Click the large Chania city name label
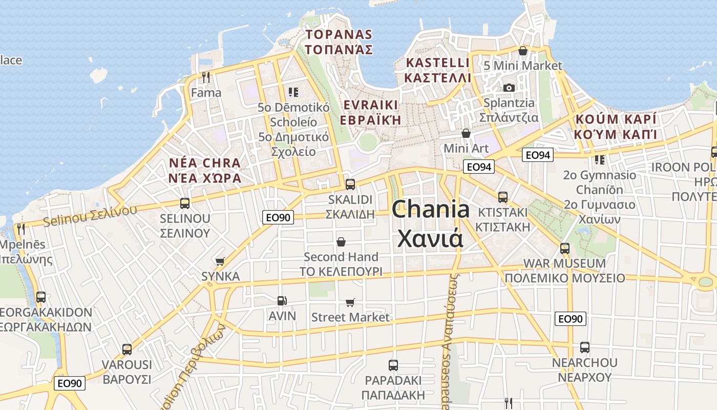click(430, 223)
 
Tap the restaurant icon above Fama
click(206, 77)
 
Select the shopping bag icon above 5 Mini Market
click(523, 51)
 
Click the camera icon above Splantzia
click(509, 88)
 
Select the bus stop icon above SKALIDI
click(350, 184)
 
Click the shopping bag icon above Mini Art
click(466, 133)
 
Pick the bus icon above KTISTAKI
click(503, 197)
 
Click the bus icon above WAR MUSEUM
click(565, 248)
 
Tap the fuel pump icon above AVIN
click(281, 301)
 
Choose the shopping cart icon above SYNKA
click(220, 261)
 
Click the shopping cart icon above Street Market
click(350, 302)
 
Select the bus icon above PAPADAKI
click(393, 365)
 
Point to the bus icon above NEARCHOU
click(585, 347)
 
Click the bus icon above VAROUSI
click(127, 350)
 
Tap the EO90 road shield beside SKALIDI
click(278, 217)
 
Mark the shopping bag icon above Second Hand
click(341, 242)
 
